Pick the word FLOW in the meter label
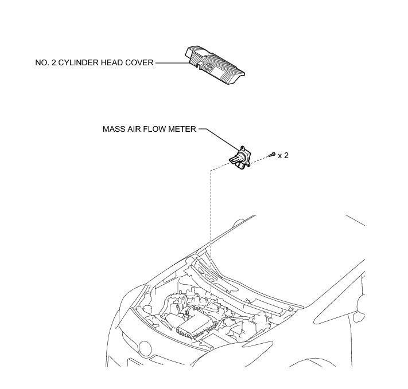(157, 130)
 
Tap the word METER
(184, 130)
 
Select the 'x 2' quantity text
(283, 155)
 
